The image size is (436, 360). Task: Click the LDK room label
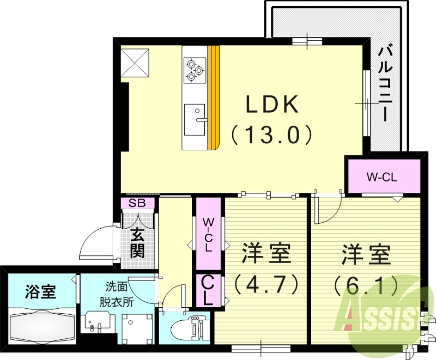click(272, 105)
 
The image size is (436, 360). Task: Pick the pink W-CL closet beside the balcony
click(384, 176)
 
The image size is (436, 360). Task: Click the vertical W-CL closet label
click(209, 234)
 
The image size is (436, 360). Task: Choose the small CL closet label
click(209, 290)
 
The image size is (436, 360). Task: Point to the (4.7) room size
click(266, 283)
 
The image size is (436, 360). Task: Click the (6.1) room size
click(366, 283)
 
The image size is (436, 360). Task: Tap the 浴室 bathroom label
click(41, 292)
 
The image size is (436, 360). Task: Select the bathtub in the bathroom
click(41, 325)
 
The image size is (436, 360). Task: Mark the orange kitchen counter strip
click(215, 97)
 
